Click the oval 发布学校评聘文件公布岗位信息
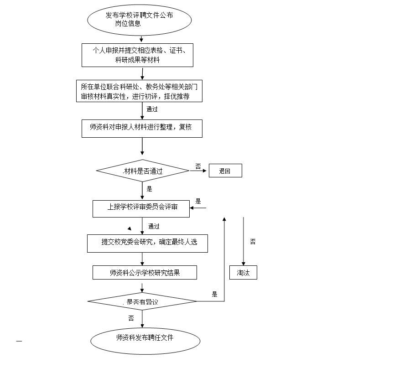pos(139,20)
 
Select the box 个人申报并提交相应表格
pos(137,55)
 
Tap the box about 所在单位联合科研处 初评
pos(139,91)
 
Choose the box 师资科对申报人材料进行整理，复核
pos(141,128)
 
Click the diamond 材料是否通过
pos(142,171)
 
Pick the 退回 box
pos(225,171)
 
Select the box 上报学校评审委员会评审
pos(141,208)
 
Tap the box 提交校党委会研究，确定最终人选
pos(147,243)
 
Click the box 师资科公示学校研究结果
pos(145,273)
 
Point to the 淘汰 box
pos(243,273)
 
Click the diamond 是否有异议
pos(142,301)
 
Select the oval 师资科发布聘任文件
pos(145,338)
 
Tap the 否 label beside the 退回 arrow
pos(198,166)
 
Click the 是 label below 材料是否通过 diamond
pos(150,188)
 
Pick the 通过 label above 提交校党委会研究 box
pos(154,226)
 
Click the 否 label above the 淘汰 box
pos(253,241)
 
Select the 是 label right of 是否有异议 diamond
pos(215,294)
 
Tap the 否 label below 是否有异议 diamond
pos(131,318)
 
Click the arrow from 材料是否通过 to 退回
pos(198,171)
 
